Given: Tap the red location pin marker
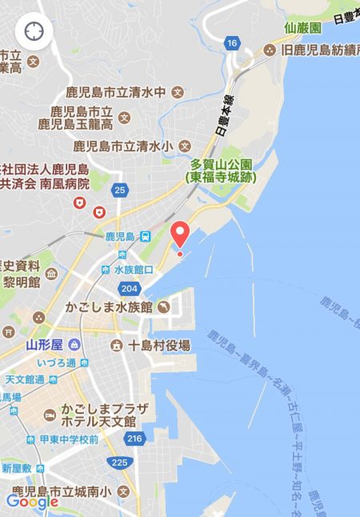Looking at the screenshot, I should pos(180,234).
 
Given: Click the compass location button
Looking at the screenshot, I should pos(34,31).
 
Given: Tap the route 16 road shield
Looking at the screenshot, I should pos(232,42).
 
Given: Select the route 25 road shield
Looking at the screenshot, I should pos(120,190).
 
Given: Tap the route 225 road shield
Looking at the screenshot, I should pos(119,462).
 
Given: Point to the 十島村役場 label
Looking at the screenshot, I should pos(160,346).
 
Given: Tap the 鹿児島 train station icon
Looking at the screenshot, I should pos(146,237).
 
